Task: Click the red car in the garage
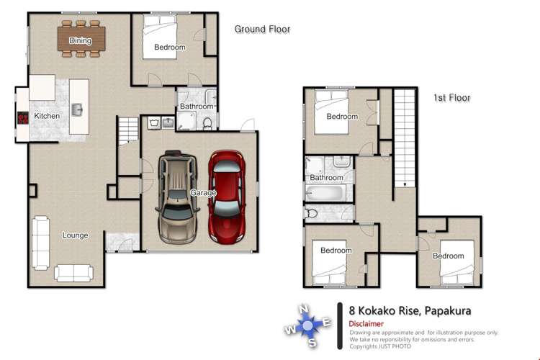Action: click(227, 197)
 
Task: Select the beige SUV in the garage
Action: click(177, 197)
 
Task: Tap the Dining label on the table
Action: click(80, 40)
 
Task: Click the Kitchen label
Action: click(47, 116)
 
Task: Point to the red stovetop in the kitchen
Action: click(23, 118)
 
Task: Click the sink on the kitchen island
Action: click(77, 110)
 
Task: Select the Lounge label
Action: click(75, 235)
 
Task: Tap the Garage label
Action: click(203, 193)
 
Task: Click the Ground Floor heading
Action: click(262, 30)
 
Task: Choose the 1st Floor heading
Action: click(452, 98)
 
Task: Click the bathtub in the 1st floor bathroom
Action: click(325, 193)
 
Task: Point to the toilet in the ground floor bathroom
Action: click(207, 123)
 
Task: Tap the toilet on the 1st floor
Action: click(311, 214)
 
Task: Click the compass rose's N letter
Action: click(303, 309)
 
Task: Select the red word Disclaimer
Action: click(366, 324)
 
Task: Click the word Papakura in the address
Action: click(448, 311)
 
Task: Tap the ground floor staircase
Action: click(128, 131)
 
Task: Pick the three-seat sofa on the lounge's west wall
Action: click(40, 243)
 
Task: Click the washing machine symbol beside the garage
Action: click(153, 122)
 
